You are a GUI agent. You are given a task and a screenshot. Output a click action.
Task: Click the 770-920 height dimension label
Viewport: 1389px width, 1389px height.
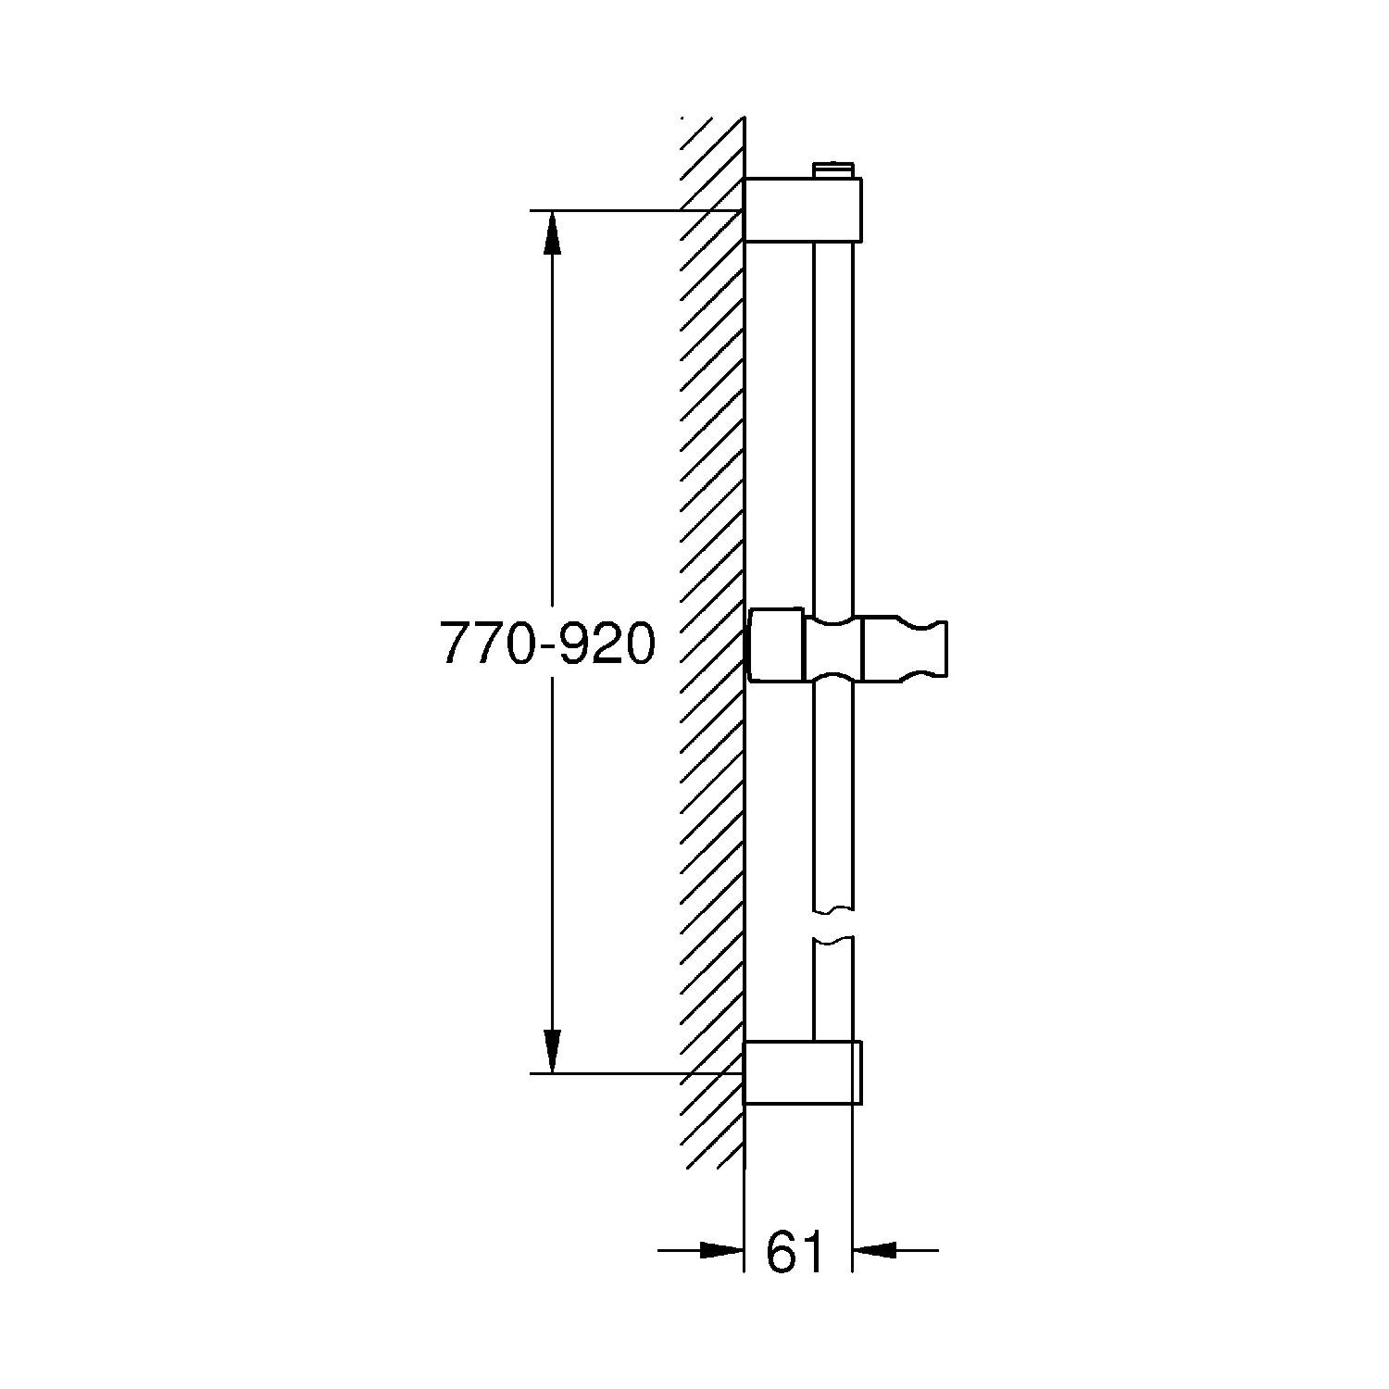[547, 644]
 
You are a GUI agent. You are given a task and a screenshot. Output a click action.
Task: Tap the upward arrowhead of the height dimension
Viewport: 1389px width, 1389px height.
[552, 231]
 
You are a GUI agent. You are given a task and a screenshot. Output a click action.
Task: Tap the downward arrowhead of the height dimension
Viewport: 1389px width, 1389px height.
[552, 1052]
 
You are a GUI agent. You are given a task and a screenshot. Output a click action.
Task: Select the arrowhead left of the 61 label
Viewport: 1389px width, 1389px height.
[723, 1250]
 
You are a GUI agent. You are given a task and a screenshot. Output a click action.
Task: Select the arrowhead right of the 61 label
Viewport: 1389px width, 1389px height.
[874, 1250]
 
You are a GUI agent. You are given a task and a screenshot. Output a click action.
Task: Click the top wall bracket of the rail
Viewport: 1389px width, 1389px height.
[804, 210]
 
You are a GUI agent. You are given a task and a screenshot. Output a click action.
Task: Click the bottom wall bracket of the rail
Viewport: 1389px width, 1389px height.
[804, 1072]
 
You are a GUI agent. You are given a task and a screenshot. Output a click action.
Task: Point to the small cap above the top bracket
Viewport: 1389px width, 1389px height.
[833, 170]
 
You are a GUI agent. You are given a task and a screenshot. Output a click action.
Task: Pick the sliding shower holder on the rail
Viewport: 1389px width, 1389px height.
[847, 647]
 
